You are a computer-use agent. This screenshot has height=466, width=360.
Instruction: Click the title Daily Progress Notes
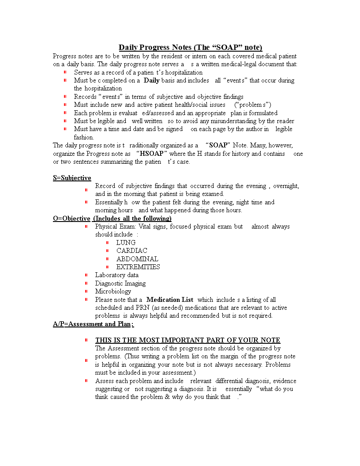coord(190,48)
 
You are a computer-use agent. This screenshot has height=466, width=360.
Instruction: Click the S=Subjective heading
coord(72,178)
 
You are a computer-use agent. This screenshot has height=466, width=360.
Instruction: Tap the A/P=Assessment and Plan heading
coord(93,324)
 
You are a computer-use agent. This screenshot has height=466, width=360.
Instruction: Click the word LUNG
coord(126,243)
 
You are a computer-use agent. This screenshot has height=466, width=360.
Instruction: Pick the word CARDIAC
coord(131,251)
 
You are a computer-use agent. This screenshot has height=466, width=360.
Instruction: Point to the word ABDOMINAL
coord(137,259)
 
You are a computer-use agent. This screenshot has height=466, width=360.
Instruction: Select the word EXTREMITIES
coord(138,267)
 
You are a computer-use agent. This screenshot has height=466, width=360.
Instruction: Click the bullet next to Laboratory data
coord(86,275)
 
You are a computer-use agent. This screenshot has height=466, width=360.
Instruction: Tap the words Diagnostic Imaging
coord(120,283)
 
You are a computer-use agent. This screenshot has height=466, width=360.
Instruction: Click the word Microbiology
coord(113,291)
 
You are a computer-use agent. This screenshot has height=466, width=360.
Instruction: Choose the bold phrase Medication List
coord(170,300)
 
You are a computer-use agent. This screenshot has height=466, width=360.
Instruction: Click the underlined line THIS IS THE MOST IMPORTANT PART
coord(187,340)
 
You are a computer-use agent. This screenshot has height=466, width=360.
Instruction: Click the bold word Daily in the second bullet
coord(152,80)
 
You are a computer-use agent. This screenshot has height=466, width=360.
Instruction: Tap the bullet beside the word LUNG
coord(108,243)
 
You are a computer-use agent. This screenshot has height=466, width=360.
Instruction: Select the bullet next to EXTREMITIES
coord(108,267)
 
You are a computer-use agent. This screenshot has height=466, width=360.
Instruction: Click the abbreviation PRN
coord(142,308)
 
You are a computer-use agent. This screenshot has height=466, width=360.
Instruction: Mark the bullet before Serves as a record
coord(65,72)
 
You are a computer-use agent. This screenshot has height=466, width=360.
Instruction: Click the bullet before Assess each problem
coord(86,380)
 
